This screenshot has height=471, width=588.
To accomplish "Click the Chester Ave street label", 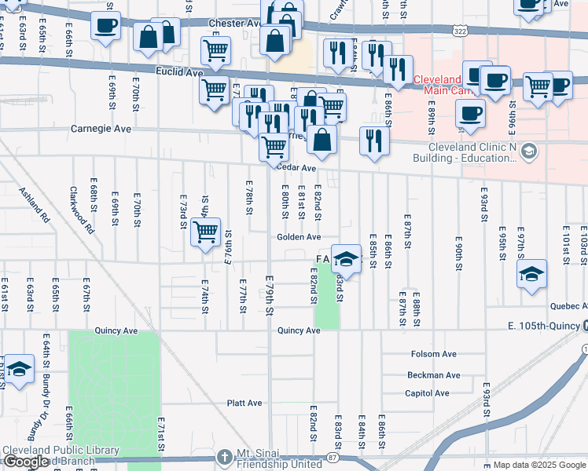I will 234,24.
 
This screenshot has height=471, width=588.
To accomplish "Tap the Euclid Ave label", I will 179,72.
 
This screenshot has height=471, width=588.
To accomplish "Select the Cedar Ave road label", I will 296,168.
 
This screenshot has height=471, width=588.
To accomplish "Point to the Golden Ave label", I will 298,237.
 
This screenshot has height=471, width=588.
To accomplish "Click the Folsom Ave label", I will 432,355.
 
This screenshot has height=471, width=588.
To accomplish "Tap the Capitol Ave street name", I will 427,393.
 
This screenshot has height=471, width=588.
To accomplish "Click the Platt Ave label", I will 244,403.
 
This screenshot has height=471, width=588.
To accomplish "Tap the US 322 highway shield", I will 459,29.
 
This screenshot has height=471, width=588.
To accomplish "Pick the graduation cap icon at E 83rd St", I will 345,258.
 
